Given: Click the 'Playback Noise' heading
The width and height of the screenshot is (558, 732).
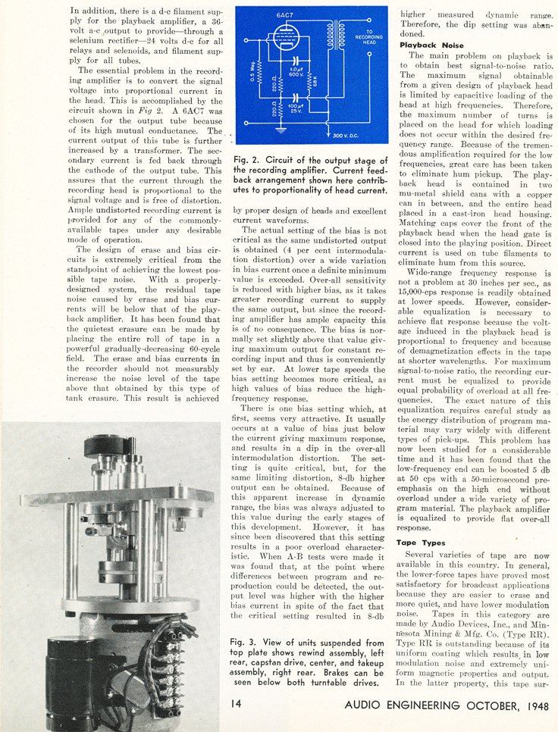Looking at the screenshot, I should click(431, 45).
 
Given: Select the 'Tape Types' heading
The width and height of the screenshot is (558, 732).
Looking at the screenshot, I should click(422, 543).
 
